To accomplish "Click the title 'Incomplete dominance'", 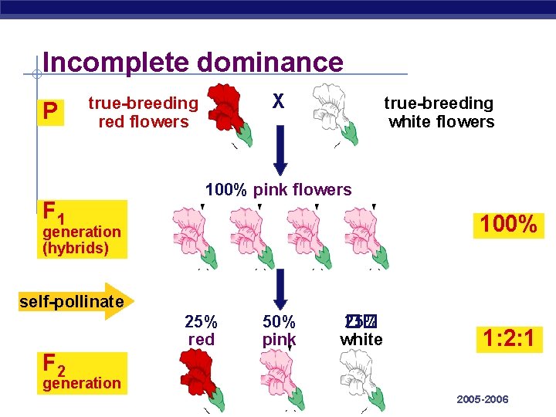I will click(x=193, y=62).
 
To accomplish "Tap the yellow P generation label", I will click(x=50, y=113).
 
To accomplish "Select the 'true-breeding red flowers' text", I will click(x=143, y=113).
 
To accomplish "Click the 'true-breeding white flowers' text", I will click(x=440, y=113).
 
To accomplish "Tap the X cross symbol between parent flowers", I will click(x=279, y=101).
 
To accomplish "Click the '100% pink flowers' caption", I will click(x=278, y=190).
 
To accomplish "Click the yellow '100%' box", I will click(x=508, y=225).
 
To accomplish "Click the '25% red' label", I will click(x=201, y=331).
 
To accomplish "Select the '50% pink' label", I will click(x=280, y=331).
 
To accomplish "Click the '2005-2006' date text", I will click(x=483, y=399).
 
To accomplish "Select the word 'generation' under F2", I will click(x=82, y=383).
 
